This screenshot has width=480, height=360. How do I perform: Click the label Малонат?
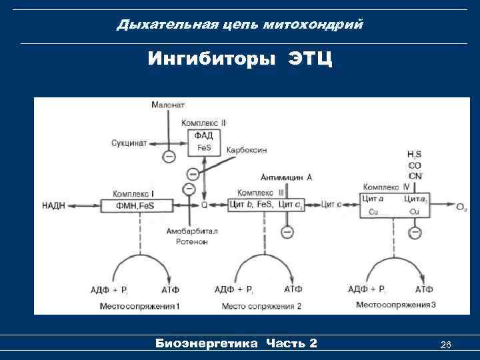pos(168,105)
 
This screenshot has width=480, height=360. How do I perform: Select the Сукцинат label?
pos(129,143)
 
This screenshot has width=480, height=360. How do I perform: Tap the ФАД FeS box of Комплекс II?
pos(204,141)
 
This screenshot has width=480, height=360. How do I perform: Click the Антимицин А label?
pos(287,178)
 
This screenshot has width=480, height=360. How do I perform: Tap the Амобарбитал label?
pos(189,231)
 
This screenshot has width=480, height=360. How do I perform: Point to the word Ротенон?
pos(189,241)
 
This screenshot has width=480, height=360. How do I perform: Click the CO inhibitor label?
pos(414,165)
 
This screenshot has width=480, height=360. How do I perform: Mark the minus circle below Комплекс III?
pos(287,232)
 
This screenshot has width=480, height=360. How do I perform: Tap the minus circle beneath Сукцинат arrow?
pos(169,157)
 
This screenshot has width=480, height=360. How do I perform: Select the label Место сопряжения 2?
pos(261,305)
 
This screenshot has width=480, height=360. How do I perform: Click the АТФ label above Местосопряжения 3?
pos(424,289)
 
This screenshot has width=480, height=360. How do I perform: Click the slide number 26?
pos(446,344)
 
